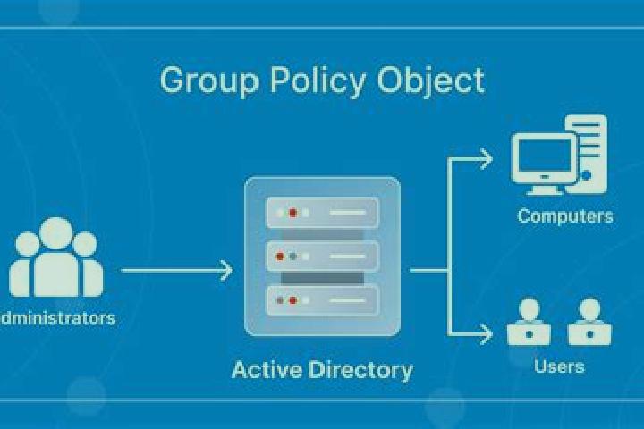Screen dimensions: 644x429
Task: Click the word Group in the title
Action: [x=209, y=80]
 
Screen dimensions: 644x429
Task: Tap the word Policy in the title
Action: [x=318, y=80]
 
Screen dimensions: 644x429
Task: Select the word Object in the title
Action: [x=431, y=80]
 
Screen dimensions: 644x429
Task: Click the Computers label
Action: [x=565, y=216]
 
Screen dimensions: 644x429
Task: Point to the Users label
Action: [x=559, y=366]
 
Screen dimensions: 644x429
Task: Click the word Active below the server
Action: [x=267, y=369]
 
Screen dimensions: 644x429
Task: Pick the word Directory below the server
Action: [x=360, y=370]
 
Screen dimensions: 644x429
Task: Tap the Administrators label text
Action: [x=58, y=318]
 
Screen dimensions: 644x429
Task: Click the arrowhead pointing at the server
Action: [x=226, y=270]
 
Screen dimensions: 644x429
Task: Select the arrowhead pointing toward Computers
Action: [x=487, y=159]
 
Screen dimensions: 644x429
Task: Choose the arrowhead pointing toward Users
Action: [x=487, y=333]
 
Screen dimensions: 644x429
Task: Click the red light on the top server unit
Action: [x=292, y=213]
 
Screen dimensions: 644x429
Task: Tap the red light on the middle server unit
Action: [x=280, y=257]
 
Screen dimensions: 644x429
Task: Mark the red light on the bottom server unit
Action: [x=292, y=300]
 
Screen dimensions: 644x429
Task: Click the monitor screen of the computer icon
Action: [x=545, y=156]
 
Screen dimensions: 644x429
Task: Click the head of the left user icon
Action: [x=529, y=308]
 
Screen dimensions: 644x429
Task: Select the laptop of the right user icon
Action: [x=589, y=334]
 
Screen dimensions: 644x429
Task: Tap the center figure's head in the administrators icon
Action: [x=56, y=233]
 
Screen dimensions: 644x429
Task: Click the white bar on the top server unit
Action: [x=347, y=213]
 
